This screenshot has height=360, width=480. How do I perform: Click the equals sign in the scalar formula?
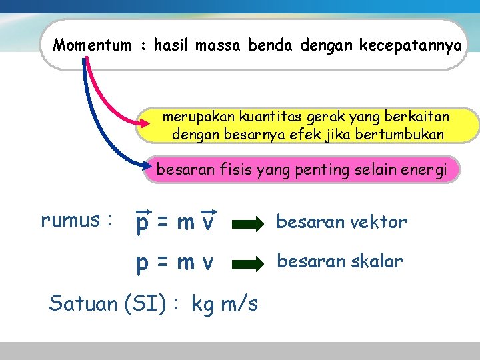point(163,264)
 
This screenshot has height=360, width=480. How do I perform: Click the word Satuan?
point(84,304)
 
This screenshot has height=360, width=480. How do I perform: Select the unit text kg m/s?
point(225,305)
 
